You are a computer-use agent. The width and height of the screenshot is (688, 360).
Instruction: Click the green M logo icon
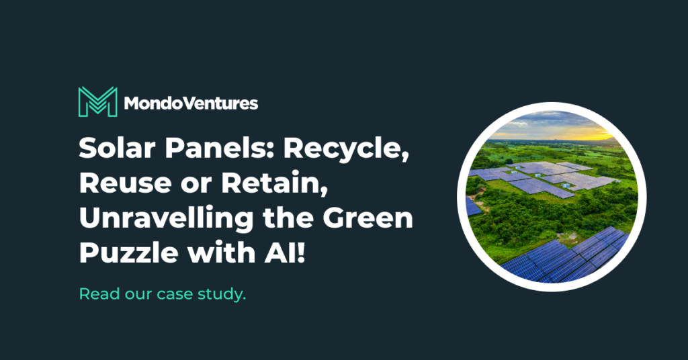[x=98, y=101]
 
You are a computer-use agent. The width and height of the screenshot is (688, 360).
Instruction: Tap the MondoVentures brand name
[x=191, y=103]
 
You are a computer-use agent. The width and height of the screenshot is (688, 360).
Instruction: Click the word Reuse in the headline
[x=125, y=183]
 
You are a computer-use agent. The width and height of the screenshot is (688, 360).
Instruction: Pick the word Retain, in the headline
[x=275, y=184]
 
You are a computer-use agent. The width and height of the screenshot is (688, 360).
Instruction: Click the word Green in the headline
[x=368, y=218]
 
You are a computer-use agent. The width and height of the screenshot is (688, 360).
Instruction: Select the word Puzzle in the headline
[x=129, y=253]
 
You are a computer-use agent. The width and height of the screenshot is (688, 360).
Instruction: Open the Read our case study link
[x=163, y=294]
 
